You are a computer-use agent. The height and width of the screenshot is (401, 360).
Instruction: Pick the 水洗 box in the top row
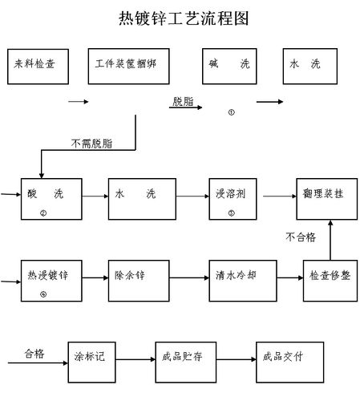click(x=309, y=68)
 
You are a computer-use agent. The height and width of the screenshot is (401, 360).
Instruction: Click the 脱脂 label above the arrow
click(x=183, y=101)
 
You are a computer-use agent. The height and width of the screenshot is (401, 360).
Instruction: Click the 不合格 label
click(x=301, y=237)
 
